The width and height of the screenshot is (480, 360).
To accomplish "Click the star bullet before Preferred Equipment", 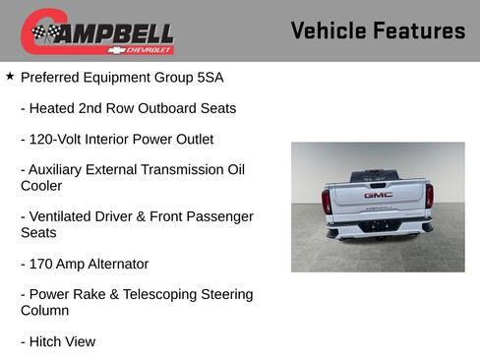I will [10, 75].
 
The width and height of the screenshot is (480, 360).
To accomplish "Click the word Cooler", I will [41, 185].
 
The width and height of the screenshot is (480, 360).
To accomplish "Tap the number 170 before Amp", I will [42, 264].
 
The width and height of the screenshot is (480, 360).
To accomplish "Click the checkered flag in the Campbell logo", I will [44, 33].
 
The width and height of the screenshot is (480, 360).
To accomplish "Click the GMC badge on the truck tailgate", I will [378, 194].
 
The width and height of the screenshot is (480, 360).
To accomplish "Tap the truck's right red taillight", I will [429, 197].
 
